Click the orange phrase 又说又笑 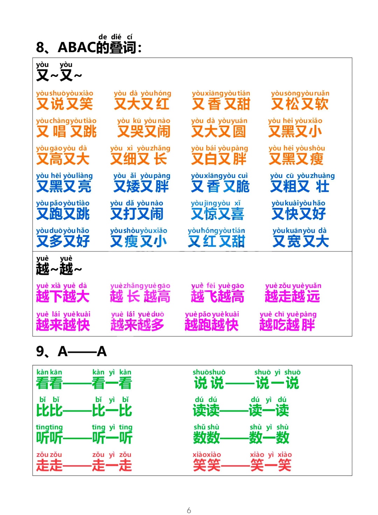coord(64,104)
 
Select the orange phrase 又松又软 coord(300,104)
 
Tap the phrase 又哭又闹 coord(143,131)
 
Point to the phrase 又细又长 coord(139,159)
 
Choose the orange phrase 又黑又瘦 coord(296,159)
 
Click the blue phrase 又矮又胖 coord(141,186)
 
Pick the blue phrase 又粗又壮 coord(300,186)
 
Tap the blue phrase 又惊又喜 coord(217,214)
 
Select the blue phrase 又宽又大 coord(301,241)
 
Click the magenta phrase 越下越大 coord(63,296)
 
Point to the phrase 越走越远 coord(292,296)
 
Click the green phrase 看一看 coord(112,383)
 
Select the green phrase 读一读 coord(269,410)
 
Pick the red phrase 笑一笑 coord(271,465)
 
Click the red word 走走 coord(49,465)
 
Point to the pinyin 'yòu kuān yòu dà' coord(300,231)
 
